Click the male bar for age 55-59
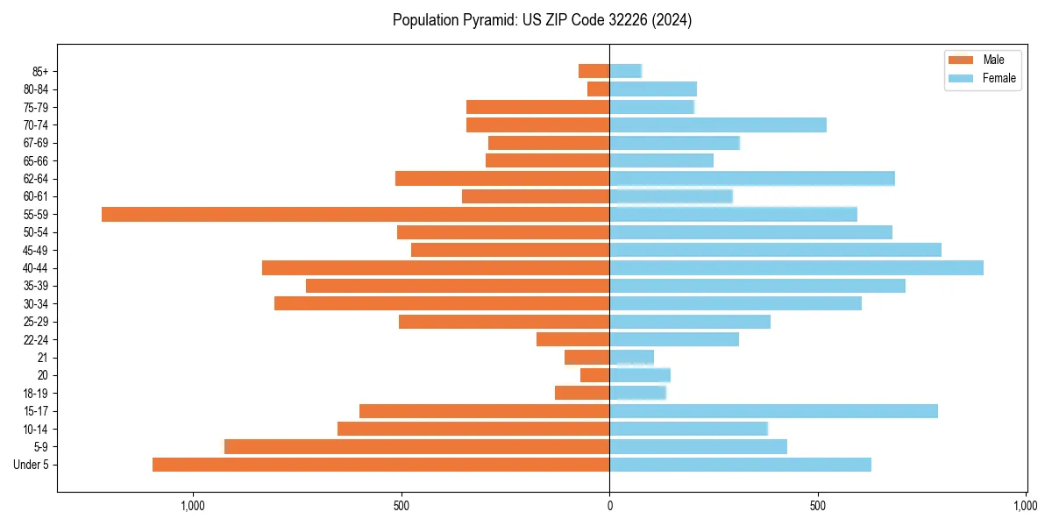355,214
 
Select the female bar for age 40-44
796,267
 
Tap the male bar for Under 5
380,465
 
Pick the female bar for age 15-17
773,411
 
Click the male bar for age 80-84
599,89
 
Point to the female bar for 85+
626,71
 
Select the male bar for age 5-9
416,446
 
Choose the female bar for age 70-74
718,124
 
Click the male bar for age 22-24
573,339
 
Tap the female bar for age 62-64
752,178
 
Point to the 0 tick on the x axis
609,506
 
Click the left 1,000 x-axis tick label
192,506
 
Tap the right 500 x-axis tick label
818,506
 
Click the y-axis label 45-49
36,250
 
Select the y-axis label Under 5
32,465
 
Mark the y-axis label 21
42,358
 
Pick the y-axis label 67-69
36,143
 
